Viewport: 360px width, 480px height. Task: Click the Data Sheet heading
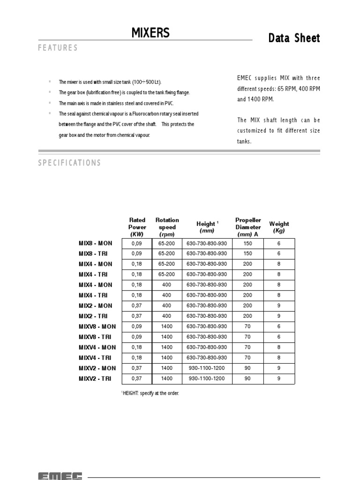point(294,38)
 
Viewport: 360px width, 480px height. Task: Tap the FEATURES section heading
point(58,48)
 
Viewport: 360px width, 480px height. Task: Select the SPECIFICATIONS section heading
point(69,163)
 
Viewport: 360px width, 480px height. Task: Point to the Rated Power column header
point(137,227)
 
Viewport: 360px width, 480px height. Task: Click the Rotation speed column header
point(167,227)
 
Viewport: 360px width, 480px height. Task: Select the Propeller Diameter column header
point(248,227)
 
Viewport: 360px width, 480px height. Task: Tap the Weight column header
point(279,227)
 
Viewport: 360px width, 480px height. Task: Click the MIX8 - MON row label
point(96,243)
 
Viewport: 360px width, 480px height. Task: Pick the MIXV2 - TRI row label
point(96,378)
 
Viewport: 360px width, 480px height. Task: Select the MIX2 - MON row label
point(96,306)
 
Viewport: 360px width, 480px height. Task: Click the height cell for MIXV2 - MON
point(207,368)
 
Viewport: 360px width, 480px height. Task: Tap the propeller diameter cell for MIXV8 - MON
point(247,326)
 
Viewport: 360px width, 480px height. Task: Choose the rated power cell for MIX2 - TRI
point(135,316)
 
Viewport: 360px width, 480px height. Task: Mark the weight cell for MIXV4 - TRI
point(279,358)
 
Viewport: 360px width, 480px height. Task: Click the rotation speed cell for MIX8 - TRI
point(166,254)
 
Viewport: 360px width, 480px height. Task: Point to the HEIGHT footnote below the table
point(150,393)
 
